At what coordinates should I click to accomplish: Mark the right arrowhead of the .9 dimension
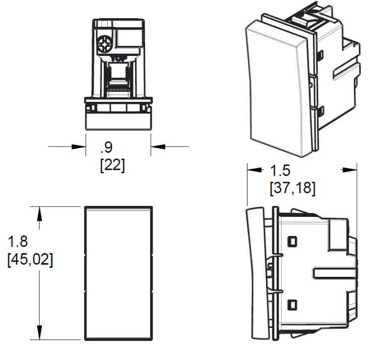tap(158, 147)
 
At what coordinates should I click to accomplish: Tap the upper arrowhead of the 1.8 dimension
tap(39, 213)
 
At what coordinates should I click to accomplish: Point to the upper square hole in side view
tap(291, 242)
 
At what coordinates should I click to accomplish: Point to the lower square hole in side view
tap(291, 304)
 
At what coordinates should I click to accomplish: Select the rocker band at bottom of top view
tap(118, 121)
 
